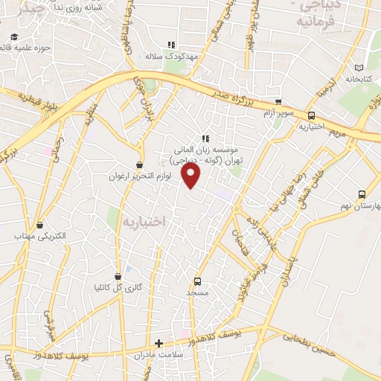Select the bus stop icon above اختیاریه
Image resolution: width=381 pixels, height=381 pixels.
(311, 115)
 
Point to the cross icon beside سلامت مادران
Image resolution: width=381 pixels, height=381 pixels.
(159, 343)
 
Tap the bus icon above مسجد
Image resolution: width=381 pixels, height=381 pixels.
(197, 281)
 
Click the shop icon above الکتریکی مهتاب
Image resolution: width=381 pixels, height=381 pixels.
(39, 224)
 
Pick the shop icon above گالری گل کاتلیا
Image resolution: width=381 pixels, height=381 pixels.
(118, 275)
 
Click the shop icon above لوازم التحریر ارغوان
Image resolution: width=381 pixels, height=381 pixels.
(140, 164)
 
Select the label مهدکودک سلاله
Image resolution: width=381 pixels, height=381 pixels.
(164, 57)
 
